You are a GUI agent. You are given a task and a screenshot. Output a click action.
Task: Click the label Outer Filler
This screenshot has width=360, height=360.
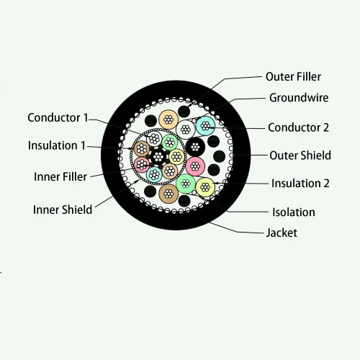293,76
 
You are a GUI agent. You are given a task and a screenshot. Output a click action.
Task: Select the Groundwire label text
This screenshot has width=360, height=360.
300,97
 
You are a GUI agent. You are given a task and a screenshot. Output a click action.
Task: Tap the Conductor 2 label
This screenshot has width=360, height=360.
298,127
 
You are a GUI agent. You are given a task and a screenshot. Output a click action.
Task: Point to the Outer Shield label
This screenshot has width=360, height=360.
300,155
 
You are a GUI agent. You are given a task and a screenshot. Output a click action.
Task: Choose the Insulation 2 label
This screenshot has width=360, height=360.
300,183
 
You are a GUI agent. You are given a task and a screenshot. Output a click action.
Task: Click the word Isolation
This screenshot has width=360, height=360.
293,212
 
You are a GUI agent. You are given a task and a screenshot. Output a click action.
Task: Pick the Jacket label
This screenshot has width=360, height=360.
282,233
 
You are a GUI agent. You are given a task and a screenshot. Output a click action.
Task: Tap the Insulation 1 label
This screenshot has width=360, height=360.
56,145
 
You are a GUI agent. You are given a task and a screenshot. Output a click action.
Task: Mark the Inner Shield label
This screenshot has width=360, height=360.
63,210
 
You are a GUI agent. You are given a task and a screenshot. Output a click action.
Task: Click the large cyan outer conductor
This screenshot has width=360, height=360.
207,125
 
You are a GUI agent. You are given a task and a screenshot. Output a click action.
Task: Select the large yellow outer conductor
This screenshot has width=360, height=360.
205,187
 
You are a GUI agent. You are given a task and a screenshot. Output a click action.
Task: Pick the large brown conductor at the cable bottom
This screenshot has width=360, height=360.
168,193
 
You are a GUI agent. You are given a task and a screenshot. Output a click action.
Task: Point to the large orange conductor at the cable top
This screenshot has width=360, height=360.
168,119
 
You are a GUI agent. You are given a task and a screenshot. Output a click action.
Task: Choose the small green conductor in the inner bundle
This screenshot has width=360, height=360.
169,141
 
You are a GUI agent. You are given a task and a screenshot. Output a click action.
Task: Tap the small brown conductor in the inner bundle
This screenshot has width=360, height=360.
139,153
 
